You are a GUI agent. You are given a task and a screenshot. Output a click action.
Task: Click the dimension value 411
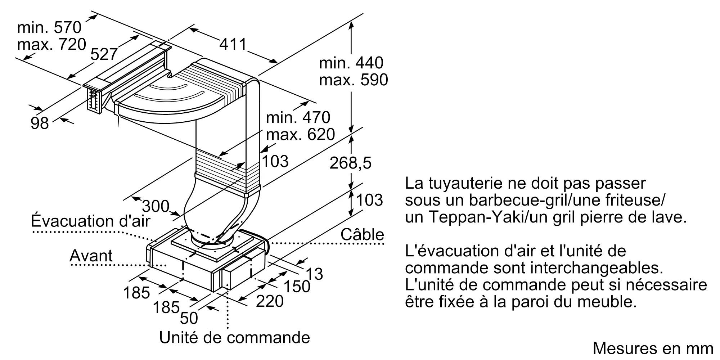(x=233, y=44)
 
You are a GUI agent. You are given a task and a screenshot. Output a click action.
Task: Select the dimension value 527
(x=104, y=54)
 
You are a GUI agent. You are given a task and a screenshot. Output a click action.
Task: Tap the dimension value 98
(x=40, y=123)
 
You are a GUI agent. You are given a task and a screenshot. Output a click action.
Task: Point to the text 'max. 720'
(x=51, y=44)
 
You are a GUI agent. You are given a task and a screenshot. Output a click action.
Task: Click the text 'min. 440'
(x=351, y=63)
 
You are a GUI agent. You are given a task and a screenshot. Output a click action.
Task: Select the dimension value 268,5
(x=350, y=163)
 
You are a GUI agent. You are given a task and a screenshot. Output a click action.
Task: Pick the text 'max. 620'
(x=300, y=134)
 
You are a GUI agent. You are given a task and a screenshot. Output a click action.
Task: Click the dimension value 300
(x=156, y=206)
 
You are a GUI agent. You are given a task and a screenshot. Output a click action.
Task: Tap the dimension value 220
(x=270, y=301)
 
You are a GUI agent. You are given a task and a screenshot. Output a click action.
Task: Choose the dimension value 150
(x=297, y=287)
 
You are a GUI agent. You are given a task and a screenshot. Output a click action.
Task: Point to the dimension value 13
(x=315, y=274)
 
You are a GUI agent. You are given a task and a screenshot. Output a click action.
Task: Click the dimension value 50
(x=189, y=318)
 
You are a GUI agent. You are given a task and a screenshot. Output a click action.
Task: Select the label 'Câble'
(x=362, y=235)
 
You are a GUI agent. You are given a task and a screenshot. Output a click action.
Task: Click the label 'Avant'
(x=91, y=256)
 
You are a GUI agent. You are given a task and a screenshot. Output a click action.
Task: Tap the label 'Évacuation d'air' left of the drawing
(x=90, y=221)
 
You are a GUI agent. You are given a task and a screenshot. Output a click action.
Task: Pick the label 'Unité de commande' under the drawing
(x=234, y=338)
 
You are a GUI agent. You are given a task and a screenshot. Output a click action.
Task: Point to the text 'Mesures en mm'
(x=653, y=348)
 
